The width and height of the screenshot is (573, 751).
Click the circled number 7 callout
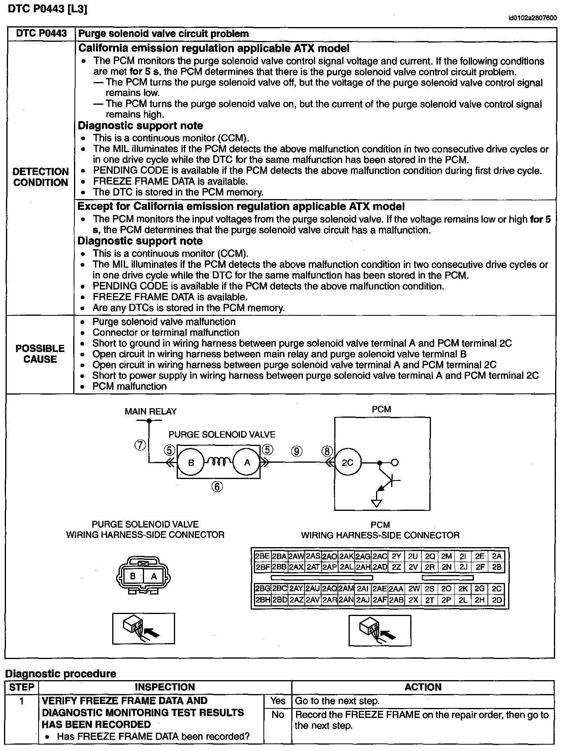click(140, 445)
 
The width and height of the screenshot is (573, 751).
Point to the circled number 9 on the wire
click(297, 451)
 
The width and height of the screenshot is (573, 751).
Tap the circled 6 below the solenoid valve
click(217, 487)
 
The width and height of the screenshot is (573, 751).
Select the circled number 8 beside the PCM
click(327, 451)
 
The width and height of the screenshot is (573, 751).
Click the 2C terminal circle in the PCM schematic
click(347, 462)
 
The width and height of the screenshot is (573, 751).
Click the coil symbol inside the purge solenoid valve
click(219, 462)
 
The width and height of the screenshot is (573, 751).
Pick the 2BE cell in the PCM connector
click(263, 556)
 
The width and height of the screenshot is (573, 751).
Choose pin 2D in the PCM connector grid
click(497, 600)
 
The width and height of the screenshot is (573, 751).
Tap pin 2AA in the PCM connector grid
click(396, 589)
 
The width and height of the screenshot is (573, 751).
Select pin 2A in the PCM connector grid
click(497, 556)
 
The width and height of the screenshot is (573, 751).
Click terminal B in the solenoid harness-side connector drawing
click(133, 576)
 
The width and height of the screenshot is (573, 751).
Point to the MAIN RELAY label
click(150, 411)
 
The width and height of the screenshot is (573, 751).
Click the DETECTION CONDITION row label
click(41, 177)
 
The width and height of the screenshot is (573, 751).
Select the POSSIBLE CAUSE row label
click(40, 354)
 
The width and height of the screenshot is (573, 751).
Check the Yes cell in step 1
click(278, 700)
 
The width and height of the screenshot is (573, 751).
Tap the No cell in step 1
click(278, 714)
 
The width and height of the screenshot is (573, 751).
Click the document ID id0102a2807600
click(532, 18)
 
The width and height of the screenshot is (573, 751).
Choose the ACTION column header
click(423, 687)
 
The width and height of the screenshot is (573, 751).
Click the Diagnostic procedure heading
click(60, 674)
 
